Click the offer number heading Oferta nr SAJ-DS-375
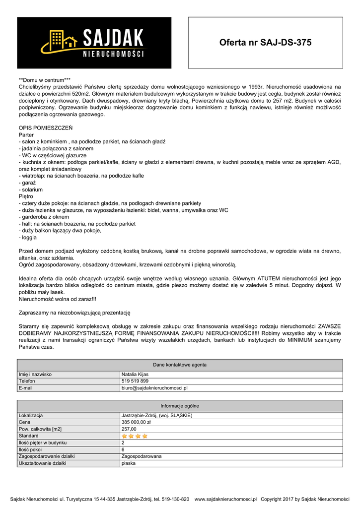pyautogui.click(x=265, y=43)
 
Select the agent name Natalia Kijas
pyautogui.click(x=136, y=374)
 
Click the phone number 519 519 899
pyautogui.click(x=135, y=381)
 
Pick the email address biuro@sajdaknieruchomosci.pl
pyautogui.click(x=154, y=388)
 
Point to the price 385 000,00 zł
pyautogui.click(x=137, y=422)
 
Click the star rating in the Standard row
pyautogui.click(x=135, y=436)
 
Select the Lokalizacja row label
pyautogui.click(x=31, y=415)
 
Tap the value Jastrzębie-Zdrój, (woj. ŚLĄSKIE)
pyautogui.click(x=157, y=415)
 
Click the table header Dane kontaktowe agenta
pyautogui.click(x=180, y=365)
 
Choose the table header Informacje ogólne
pyautogui.click(x=180, y=406)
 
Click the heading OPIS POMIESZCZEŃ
pyautogui.click(x=45, y=128)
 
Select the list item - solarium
pyautogui.click(x=31, y=190)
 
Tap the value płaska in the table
pyautogui.click(x=129, y=463)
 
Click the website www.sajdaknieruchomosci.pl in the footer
pyautogui.click(x=225, y=499)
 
